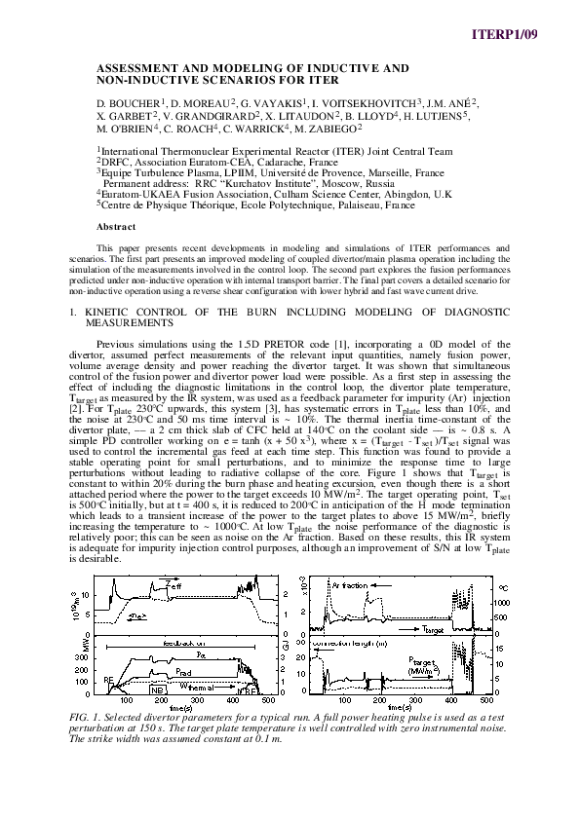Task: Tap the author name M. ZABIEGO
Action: (329, 127)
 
